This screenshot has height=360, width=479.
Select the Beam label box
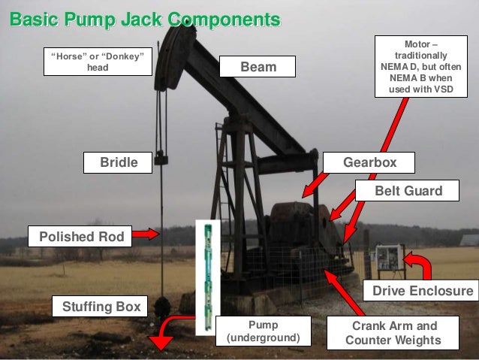coord(258,68)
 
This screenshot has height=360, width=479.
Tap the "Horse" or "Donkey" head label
coord(98,62)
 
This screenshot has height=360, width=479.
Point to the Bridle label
coord(119,162)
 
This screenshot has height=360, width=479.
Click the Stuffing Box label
coord(101,307)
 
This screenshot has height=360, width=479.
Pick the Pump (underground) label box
coord(263,332)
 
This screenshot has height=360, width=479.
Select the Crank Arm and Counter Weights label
coord(393,334)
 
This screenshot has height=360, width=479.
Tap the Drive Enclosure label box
coord(423,290)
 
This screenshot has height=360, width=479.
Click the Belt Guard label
coord(408,192)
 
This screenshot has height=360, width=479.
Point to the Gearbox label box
coord(369,162)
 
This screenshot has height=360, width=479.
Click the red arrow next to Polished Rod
coord(149,234)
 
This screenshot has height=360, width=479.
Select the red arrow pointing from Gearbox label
coord(315,183)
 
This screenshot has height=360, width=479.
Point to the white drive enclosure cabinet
coord(388,259)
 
